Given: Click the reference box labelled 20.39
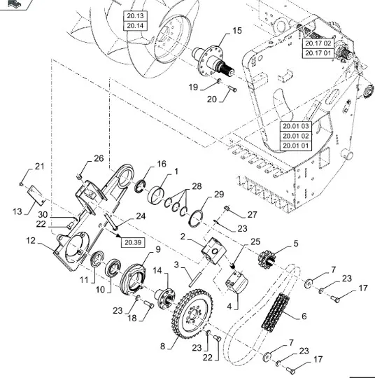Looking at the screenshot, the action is (133, 242).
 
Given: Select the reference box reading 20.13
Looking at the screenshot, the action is (135, 16).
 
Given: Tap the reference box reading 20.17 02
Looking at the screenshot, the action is (318, 43).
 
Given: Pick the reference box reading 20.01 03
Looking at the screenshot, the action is (296, 126).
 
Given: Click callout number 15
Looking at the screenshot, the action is (237, 31).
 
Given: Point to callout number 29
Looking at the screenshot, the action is (219, 194).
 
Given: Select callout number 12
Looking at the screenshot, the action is (31, 240).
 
